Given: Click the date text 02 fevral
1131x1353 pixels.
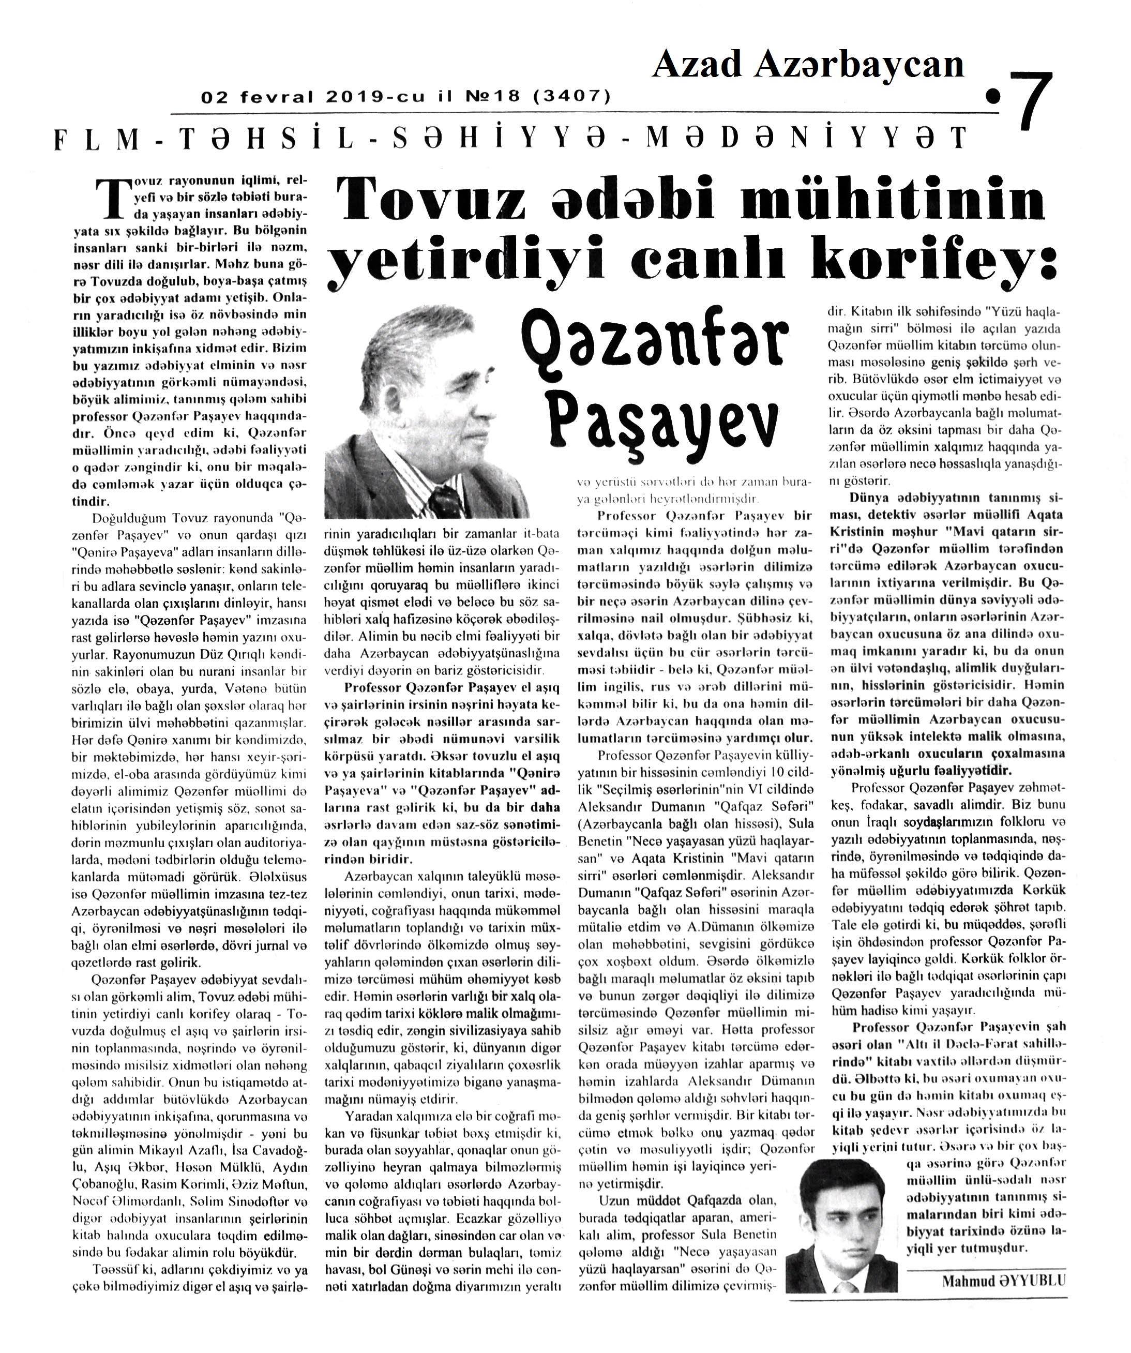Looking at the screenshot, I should (x=257, y=97).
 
